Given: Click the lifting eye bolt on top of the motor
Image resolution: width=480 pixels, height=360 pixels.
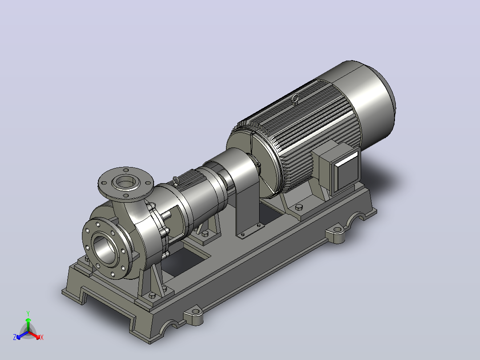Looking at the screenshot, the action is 295,99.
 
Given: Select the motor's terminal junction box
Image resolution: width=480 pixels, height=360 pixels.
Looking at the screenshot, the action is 338,168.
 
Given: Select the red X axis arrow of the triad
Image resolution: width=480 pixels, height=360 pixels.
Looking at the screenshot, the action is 35,335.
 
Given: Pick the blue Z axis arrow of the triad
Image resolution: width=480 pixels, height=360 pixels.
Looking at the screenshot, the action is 22,335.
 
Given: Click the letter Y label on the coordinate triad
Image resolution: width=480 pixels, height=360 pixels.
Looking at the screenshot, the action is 28,313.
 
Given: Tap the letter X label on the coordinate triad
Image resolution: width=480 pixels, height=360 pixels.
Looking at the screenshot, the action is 42,337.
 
